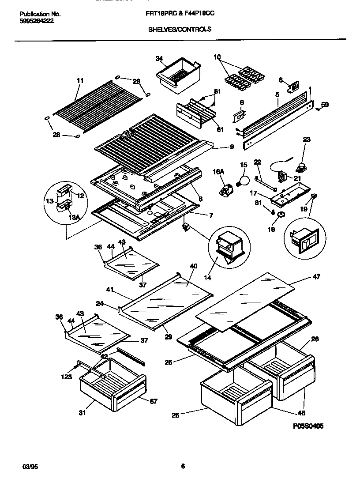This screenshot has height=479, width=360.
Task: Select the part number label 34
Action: (159, 58)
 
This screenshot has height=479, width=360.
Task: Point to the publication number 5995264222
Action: (37, 21)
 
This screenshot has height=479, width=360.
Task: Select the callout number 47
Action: (316, 277)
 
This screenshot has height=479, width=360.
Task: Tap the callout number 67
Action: (153, 401)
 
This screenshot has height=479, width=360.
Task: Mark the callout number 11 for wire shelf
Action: (80, 80)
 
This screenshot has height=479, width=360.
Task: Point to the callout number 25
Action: (168, 362)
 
